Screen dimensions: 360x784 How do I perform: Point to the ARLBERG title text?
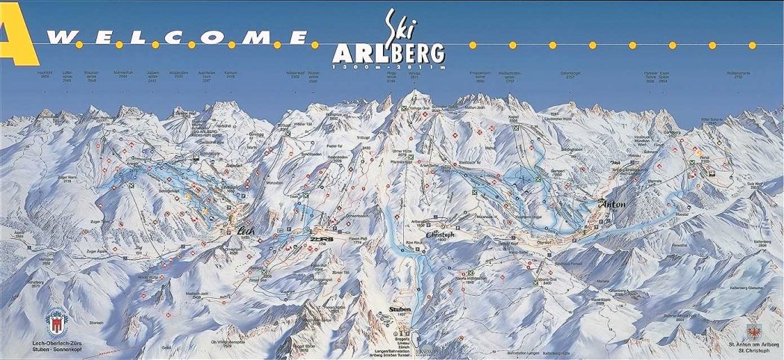[x=390, y=52]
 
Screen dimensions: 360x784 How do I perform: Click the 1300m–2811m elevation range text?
[x=390, y=67]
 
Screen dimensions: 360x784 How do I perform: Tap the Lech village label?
[x=246, y=232]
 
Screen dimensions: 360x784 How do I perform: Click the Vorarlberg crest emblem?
[x=54, y=321]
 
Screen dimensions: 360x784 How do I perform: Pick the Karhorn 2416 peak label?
[x=231, y=75]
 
